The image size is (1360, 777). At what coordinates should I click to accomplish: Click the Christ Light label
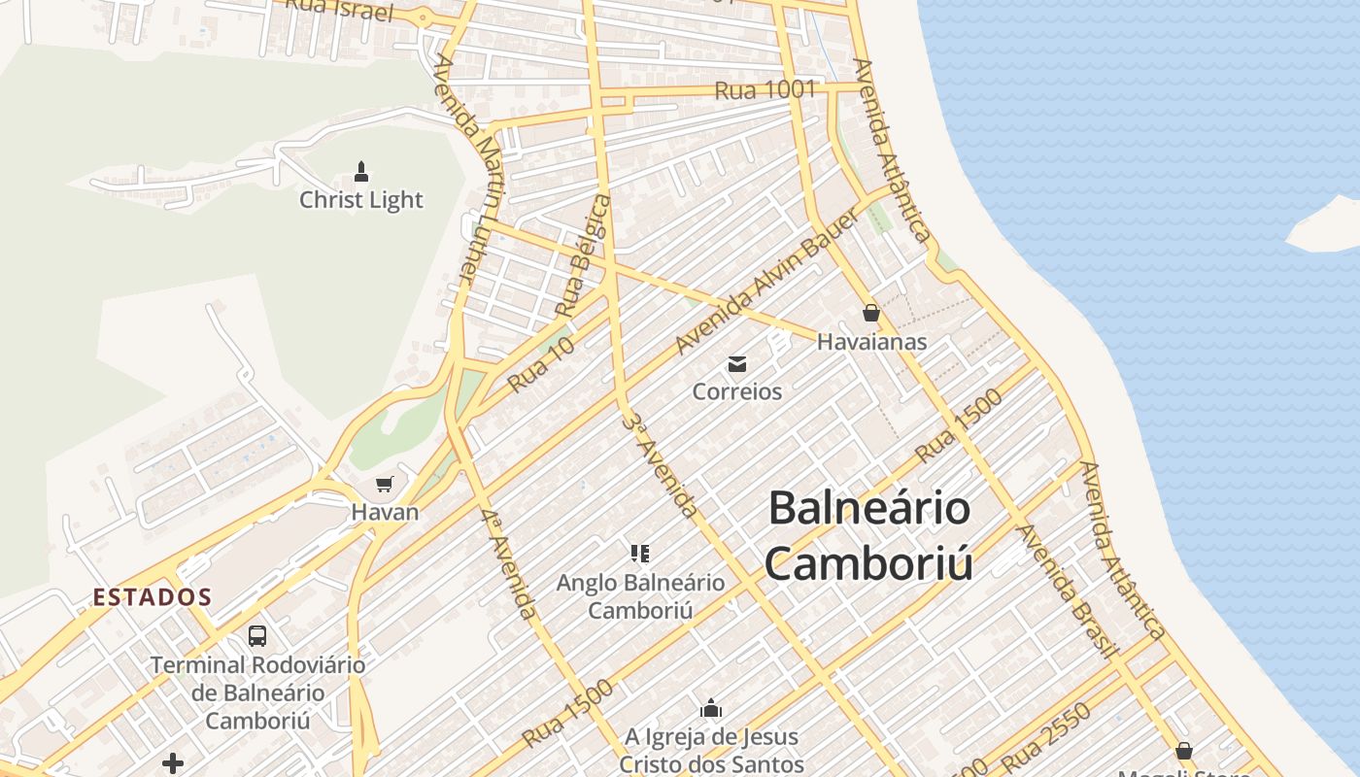361,200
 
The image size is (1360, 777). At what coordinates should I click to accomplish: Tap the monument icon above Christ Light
361,173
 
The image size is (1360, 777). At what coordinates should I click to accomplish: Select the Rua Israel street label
339,10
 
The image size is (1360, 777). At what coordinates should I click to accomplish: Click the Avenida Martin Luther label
468,169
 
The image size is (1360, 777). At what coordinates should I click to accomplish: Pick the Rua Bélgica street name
584,255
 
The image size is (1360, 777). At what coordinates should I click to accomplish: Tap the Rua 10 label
541,364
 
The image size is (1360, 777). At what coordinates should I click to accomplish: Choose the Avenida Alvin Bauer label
767,281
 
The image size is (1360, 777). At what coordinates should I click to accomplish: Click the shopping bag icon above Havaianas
871,313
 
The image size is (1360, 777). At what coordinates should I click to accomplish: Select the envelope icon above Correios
737,364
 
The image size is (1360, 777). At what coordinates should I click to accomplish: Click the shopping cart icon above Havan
386,484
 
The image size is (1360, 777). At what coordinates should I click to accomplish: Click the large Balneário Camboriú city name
868,535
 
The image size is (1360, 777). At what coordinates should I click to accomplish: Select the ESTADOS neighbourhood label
153,597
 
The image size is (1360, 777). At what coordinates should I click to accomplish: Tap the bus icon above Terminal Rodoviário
257,636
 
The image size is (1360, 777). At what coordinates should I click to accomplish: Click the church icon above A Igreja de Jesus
712,708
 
